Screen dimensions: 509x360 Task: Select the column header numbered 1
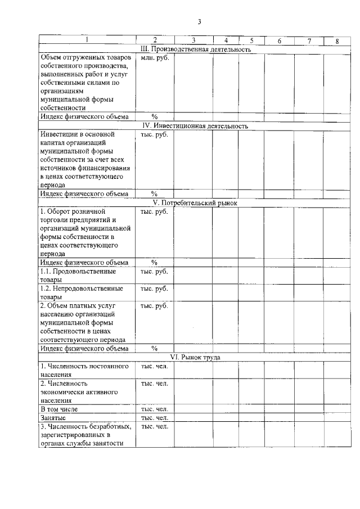tap(87, 40)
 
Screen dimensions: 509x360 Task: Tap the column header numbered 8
tap(337, 40)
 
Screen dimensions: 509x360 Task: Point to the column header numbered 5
tap(251, 40)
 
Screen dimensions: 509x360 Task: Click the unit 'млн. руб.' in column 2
tap(154, 58)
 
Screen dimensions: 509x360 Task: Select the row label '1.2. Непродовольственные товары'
tap(82, 292)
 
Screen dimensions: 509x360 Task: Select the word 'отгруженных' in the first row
tap(84, 58)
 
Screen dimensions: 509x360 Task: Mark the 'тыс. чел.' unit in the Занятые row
tap(154, 418)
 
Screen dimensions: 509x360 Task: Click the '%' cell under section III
tap(154, 116)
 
